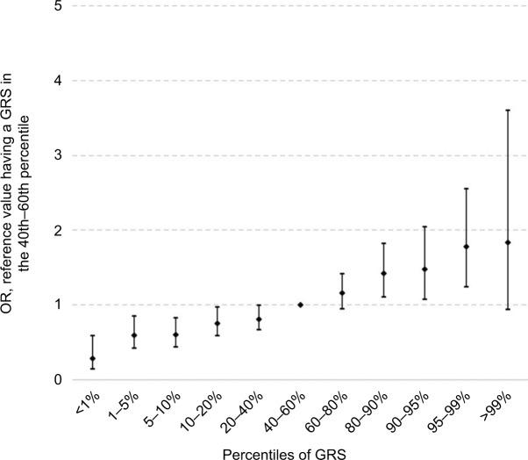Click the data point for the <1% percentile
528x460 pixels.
[x=92, y=358]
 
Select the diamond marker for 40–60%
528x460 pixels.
[x=300, y=305]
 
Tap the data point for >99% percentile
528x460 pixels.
[x=508, y=242]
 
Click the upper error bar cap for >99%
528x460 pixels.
[x=508, y=110]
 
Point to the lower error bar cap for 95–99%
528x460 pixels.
[x=467, y=286]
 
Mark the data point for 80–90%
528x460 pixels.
[x=383, y=273]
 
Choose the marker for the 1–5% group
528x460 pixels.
[x=134, y=335]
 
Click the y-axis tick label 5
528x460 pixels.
[x=57, y=6]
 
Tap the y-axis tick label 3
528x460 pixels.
[x=57, y=155]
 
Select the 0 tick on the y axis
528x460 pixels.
[x=57, y=380]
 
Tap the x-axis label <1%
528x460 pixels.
[x=84, y=403]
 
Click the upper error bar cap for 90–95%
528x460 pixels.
[x=425, y=226]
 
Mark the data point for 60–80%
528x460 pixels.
[x=341, y=292]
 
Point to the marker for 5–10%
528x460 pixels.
[x=175, y=334]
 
